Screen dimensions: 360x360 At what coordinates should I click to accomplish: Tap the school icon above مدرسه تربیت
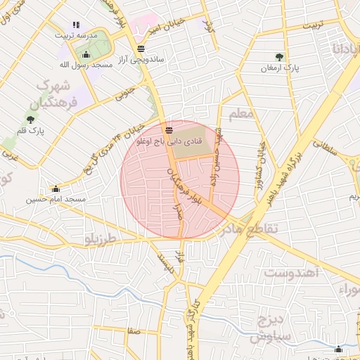pyautogui.click(x=76, y=25)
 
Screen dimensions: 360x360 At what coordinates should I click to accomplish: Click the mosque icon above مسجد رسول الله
pyautogui.click(x=86, y=55)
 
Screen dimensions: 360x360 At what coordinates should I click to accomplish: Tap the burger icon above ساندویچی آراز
pyautogui.click(x=142, y=49)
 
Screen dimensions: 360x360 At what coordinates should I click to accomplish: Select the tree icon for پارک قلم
pyautogui.click(x=30, y=120)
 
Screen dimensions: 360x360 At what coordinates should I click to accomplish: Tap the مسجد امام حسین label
pyautogui.click(x=56, y=199)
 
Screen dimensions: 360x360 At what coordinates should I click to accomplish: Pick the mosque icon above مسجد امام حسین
pyautogui.click(x=56, y=188)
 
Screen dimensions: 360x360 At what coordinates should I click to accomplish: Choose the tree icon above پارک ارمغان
pyautogui.click(x=280, y=57)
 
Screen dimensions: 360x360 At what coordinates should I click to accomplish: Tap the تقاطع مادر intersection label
pyautogui.click(x=251, y=229)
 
